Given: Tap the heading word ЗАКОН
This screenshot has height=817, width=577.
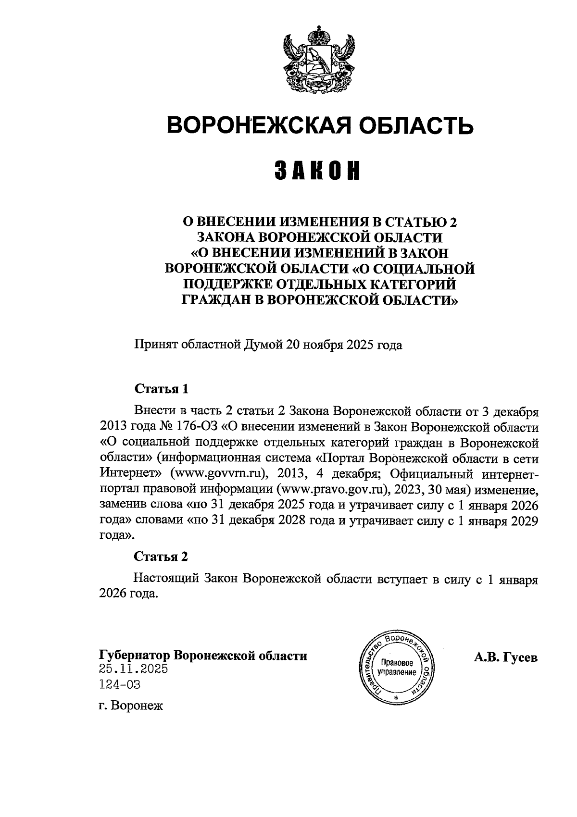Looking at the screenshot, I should [317, 171].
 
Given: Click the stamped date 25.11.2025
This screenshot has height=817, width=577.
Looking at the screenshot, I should [134, 668].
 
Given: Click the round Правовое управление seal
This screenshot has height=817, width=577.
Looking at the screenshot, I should [397, 668].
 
